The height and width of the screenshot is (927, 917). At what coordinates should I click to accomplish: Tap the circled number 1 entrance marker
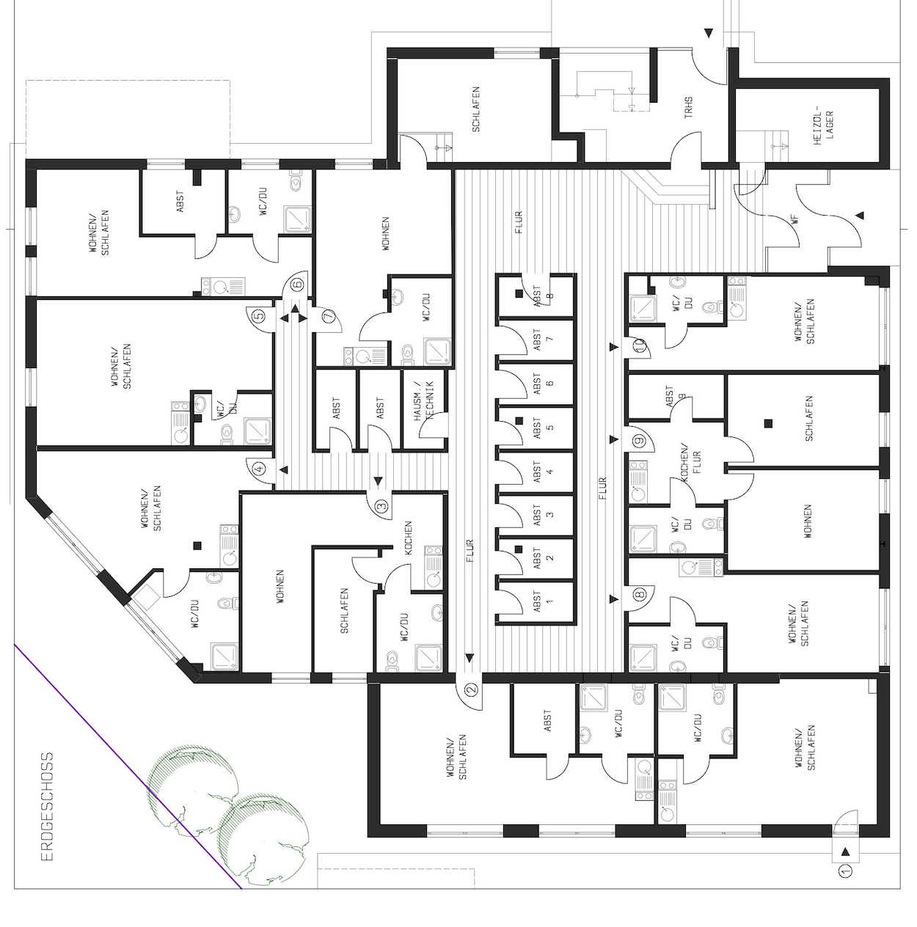(x=846, y=883)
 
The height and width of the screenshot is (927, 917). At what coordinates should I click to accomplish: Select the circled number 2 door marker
(x=472, y=689)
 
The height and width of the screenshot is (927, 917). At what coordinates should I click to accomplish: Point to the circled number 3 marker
(x=381, y=506)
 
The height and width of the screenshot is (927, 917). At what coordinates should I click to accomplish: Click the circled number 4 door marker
(x=259, y=468)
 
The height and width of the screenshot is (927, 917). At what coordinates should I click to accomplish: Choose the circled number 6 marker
(x=299, y=284)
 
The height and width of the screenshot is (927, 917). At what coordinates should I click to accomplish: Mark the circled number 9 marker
(x=639, y=440)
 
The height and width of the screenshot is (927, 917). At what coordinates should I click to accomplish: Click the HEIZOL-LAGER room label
(x=824, y=125)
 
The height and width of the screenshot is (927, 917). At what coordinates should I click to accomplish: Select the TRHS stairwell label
(x=688, y=109)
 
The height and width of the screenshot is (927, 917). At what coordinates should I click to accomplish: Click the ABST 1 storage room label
(x=544, y=601)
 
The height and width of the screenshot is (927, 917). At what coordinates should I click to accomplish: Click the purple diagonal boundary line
(x=128, y=766)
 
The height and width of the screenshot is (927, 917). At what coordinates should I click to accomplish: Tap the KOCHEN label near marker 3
(x=408, y=538)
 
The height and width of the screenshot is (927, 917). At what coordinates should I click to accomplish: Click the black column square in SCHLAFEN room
(x=769, y=423)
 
